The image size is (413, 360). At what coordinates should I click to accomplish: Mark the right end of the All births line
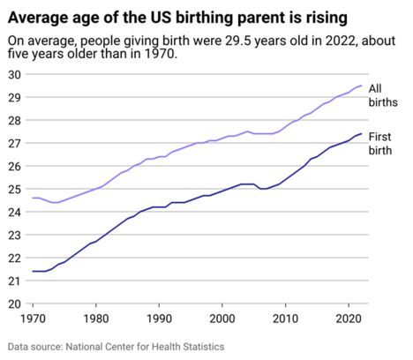tap(361, 86)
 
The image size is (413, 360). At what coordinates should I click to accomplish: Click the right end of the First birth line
tap(361, 133)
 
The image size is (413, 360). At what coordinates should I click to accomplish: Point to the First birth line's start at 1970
tap(33, 271)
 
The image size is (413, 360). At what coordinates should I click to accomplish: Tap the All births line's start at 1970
tap(33, 198)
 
